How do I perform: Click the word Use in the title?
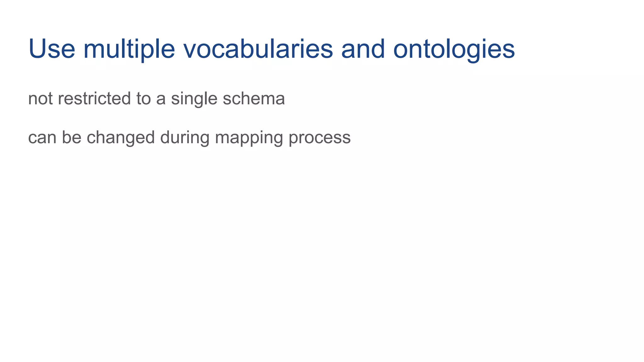52,49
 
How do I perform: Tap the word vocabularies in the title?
258,49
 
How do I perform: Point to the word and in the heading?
363,49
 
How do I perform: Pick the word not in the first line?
40,99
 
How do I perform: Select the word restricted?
94,99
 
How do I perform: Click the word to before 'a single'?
143,99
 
